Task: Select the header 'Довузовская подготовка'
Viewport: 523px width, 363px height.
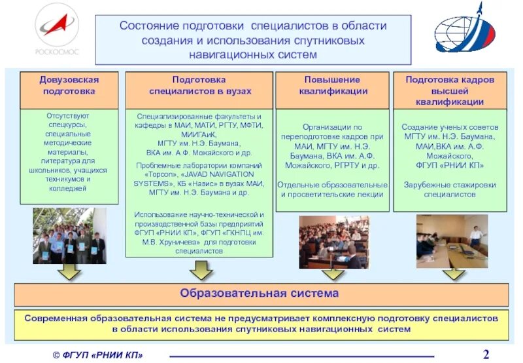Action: (x=69, y=85)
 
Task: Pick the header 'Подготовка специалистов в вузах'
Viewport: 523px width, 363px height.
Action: (x=199, y=85)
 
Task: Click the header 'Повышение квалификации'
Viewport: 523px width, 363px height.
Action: (x=333, y=85)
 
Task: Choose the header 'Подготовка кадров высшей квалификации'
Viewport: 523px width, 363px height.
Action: (x=450, y=90)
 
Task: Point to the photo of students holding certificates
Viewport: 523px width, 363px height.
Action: (x=69, y=236)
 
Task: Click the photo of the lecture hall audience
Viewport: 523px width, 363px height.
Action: (x=333, y=242)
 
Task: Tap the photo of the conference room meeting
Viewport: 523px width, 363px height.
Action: (x=452, y=241)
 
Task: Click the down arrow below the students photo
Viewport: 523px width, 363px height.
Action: (x=68, y=271)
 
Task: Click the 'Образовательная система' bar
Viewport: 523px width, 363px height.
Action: (x=260, y=294)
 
